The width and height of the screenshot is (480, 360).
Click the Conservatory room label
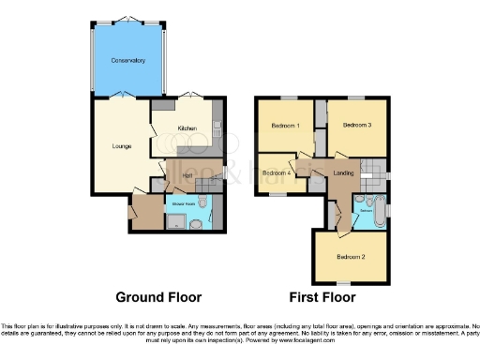coord(127,60)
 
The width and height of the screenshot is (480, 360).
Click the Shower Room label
coord(182,202)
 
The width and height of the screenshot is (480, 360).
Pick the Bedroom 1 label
coord(285,126)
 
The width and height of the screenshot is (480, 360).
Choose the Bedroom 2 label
coord(350,257)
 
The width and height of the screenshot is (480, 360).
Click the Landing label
coord(343,173)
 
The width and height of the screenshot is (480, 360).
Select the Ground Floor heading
coord(158,298)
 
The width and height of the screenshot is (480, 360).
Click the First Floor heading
coord(322,298)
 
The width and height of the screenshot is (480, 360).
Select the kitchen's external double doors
coord(191,96)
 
